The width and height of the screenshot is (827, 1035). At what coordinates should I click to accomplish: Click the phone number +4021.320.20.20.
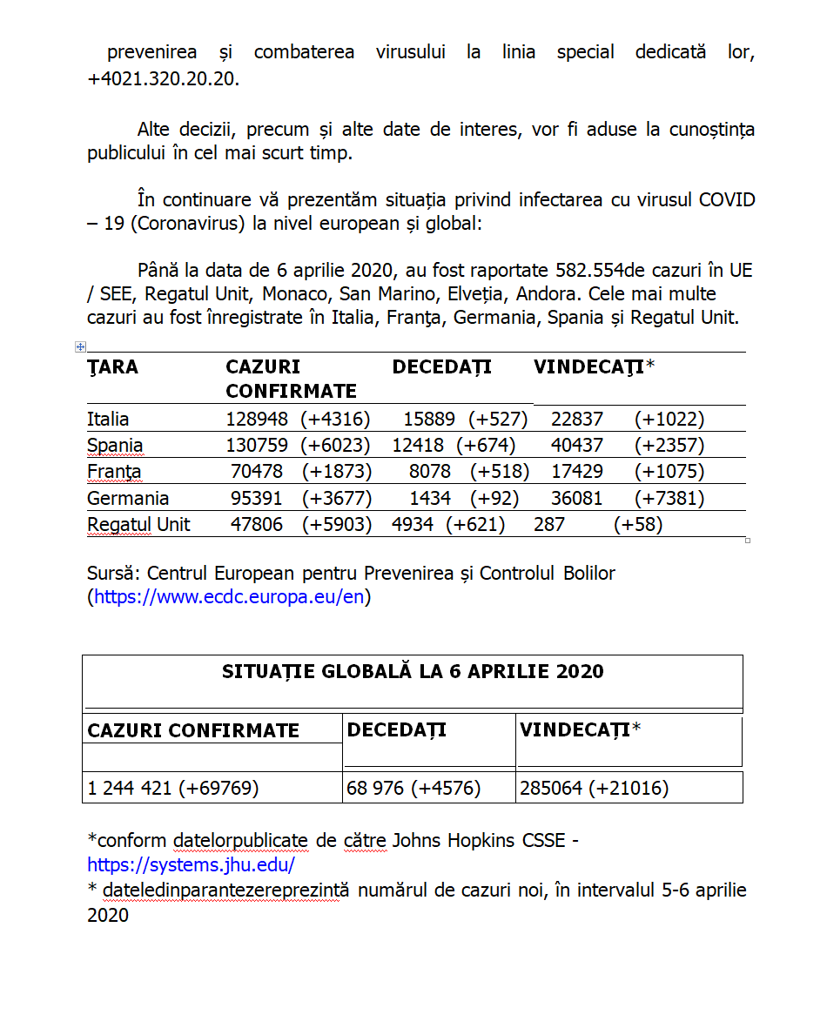click(x=163, y=78)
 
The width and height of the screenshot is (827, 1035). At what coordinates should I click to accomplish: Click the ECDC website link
click(x=229, y=597)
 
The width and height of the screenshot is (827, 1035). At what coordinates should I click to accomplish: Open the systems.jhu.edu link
click(x=191, y=865)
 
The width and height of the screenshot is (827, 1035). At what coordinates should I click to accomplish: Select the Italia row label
click(x=108, y=419)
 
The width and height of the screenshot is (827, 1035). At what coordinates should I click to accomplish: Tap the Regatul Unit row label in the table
click(x=138, y=524)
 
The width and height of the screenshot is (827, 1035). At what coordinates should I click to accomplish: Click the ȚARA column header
click(x=112, y=366)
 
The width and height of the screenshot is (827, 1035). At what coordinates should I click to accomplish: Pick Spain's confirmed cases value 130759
click(x=259, y=446)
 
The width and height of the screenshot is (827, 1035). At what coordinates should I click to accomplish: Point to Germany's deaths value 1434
click(x=430, y=498)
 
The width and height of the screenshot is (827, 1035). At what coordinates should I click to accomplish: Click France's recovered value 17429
click(x=577, y=472)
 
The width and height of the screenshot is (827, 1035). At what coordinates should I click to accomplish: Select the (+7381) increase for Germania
click(x=669, y=498)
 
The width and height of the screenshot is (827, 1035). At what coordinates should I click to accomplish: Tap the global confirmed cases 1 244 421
click(x=131, y=789)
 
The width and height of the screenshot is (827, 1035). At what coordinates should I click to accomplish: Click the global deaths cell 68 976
click(x=375, y=789)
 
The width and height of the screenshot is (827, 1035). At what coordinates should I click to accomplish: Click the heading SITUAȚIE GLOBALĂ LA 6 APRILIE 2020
click(x=413, y=671)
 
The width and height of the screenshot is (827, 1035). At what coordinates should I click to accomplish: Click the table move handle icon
click(x=80, y=346)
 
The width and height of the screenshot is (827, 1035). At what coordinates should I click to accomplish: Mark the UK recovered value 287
click(x=549, y=524)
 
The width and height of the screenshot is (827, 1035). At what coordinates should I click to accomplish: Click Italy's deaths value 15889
click(x=429, y=419)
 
